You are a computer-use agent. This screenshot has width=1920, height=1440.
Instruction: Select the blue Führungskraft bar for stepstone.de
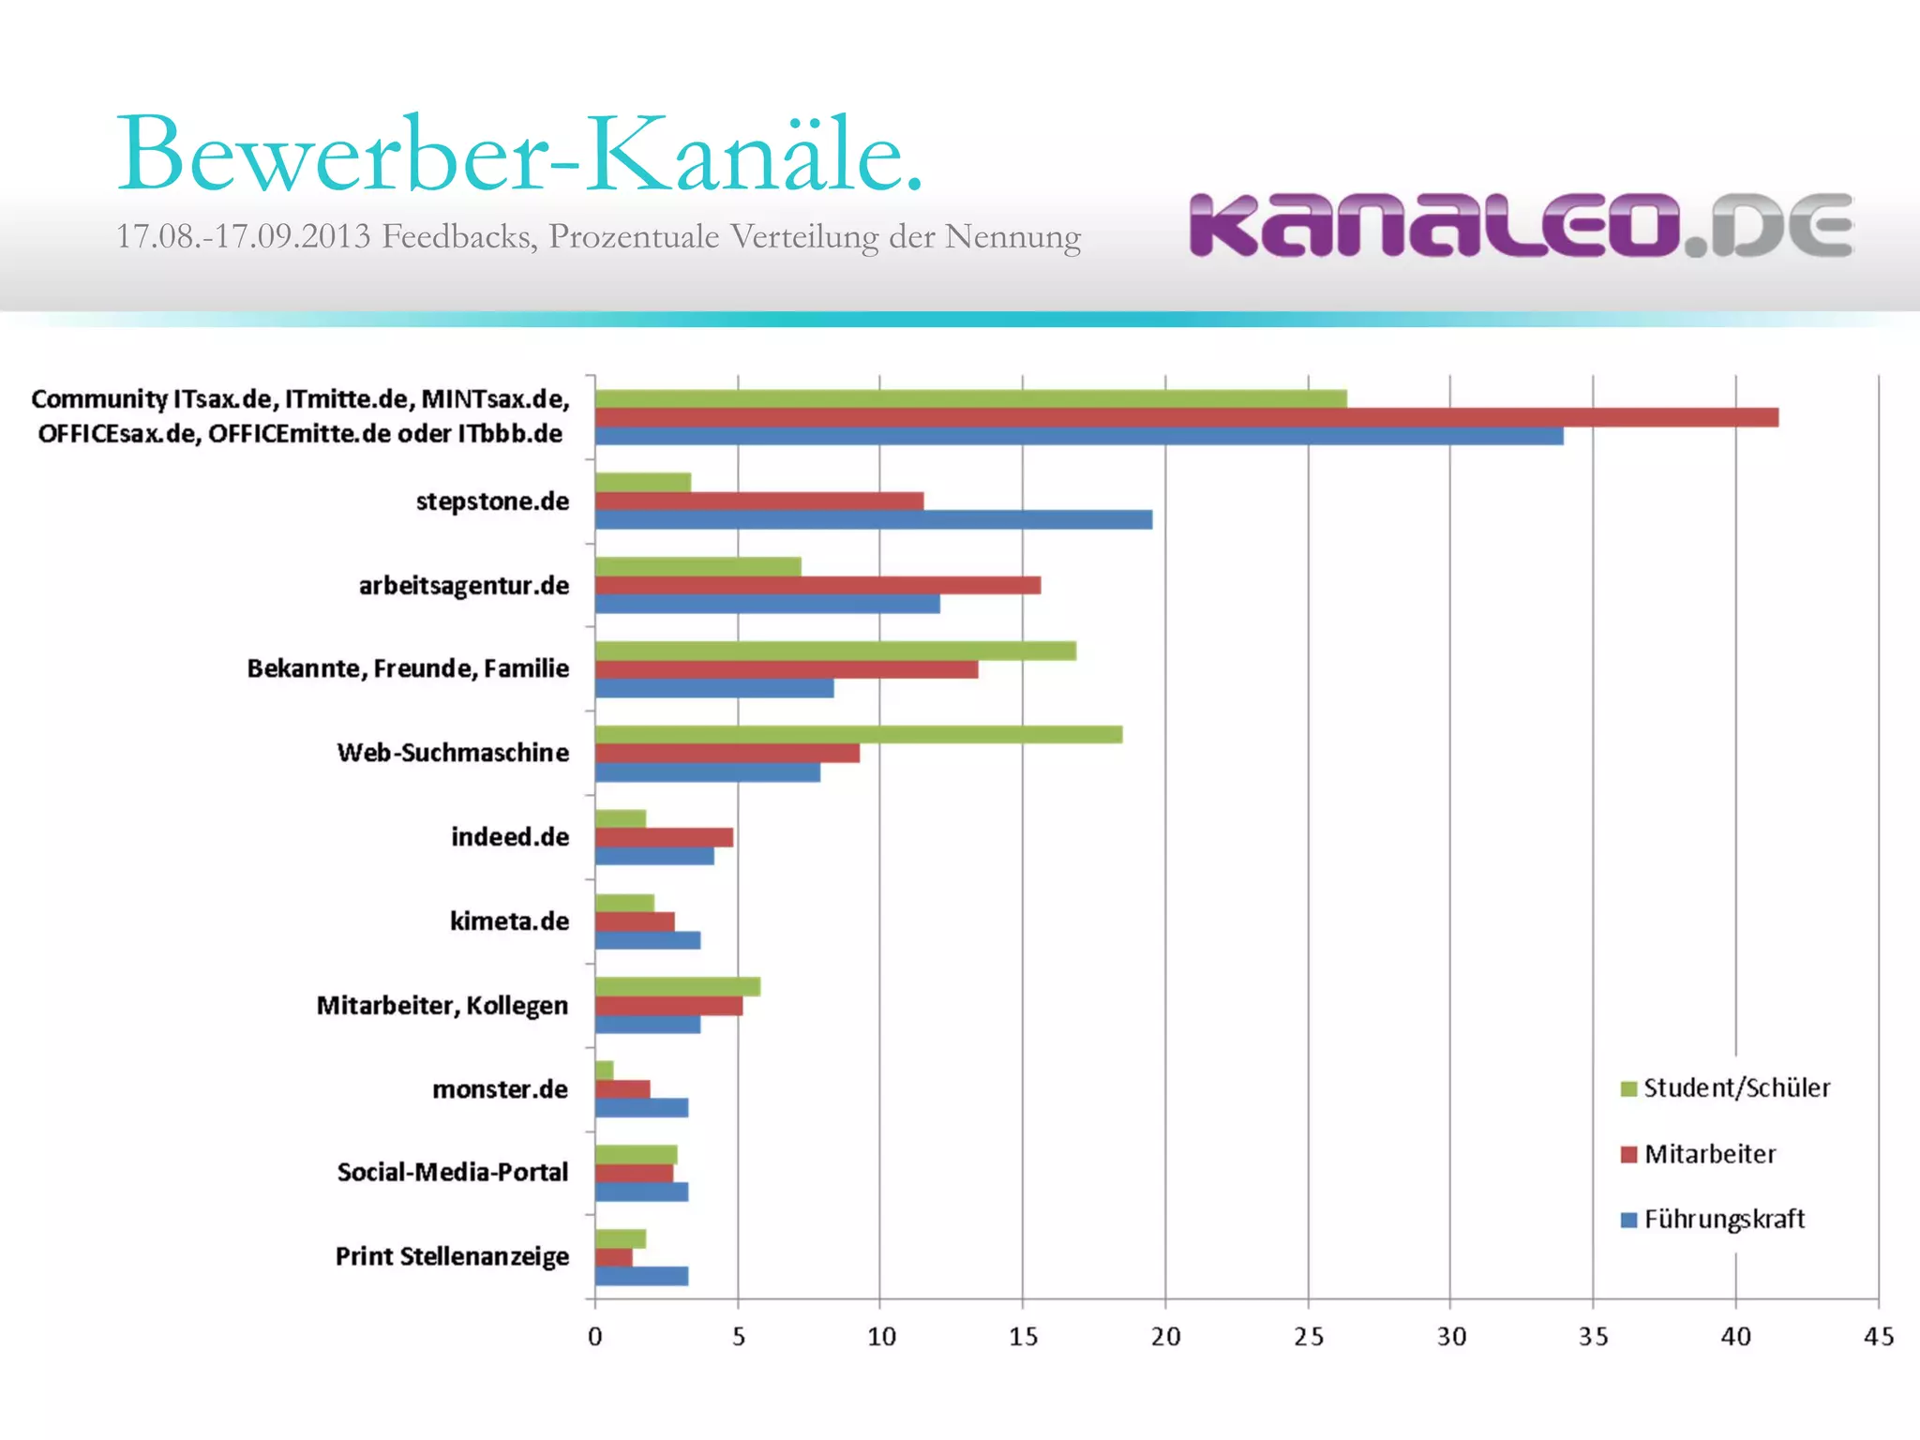[873, 519]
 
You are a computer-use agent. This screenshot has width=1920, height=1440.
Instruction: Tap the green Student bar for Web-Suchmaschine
[858, 734]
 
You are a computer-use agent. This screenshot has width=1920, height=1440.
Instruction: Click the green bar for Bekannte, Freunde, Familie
[834, 651]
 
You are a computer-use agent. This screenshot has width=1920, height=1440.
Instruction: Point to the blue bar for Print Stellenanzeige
[641, 1276]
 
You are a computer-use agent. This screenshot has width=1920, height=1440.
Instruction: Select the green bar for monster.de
[605, 1071]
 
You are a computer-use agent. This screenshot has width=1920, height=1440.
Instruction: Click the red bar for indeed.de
[664, 837]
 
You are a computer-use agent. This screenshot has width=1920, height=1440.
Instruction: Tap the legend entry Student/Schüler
[1734, 1087]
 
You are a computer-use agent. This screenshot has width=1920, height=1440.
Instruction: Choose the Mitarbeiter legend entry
[1709, 1154]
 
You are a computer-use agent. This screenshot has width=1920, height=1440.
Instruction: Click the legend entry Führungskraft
[1723, 1219]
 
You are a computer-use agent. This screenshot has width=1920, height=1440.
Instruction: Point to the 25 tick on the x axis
[1309, 1336]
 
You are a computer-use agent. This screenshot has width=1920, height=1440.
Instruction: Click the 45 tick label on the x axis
[1878, 1336]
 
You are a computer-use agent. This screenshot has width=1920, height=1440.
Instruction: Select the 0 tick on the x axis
[595, 1336]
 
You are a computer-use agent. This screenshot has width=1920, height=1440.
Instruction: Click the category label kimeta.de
[509, 921]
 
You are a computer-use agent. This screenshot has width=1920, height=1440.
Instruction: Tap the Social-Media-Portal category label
[452, 1172]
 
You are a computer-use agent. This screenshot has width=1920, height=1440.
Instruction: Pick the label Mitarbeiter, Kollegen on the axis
[442, 1005]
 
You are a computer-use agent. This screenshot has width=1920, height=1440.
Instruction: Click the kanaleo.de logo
[1521, 225]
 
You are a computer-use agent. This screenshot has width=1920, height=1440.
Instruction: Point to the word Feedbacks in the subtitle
[458, 236]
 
